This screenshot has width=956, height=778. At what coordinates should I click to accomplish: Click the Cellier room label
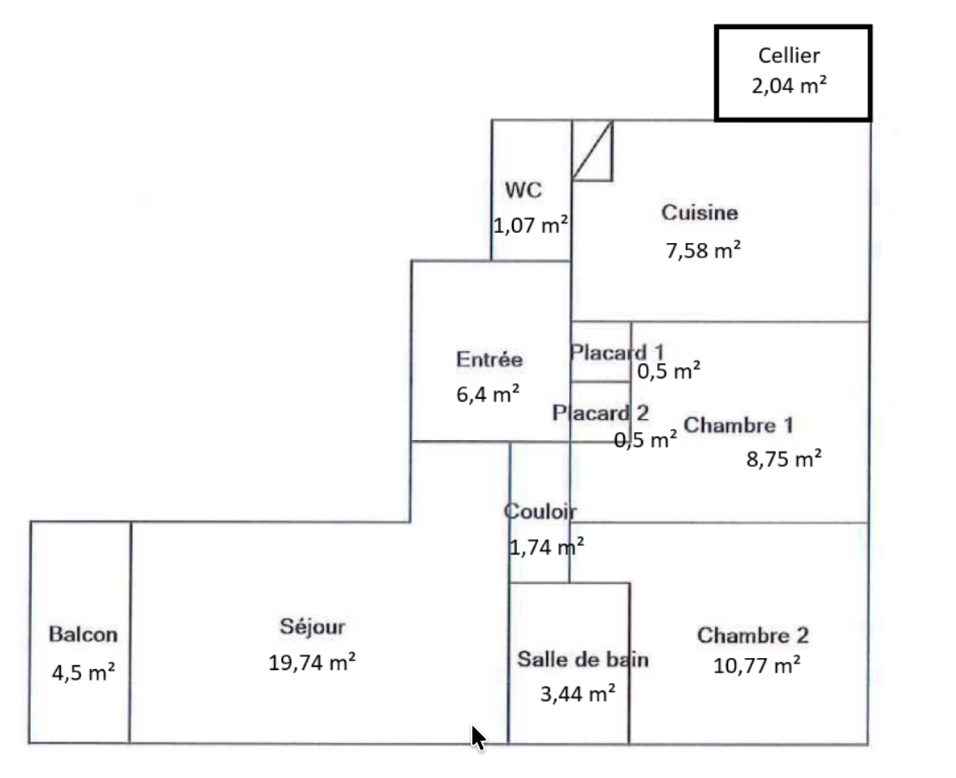pyautogui.click(x=789, y=56)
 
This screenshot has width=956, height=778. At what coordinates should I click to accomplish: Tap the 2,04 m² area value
pyautogui.click(x=789, y=86)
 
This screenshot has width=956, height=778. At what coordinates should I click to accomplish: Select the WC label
pyautogui.click(x=523, y=190)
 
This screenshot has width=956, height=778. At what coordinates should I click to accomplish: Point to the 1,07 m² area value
pyautogui.click(x=530, y=225)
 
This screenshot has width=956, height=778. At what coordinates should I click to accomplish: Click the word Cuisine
pyautogui.click(x=700, y=213)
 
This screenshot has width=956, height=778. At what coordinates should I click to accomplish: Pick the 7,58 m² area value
pyautogui.click(x=703, y=250)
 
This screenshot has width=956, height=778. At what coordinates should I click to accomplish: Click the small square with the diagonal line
pyautogui.click(x=592, y=151)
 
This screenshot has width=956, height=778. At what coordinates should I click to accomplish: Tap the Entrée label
pyautogui.click(x=489, y=359)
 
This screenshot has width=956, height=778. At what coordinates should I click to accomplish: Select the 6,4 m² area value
pyautogui.click(x=488, y=395)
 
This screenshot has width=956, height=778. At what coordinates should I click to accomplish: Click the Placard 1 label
pyautogui.click(x=617, y=352)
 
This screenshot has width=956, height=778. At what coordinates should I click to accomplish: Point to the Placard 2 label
pyautogui.click(x=600, y=413)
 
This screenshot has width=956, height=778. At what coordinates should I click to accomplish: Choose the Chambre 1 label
pyautogui.click(x=739, y=425)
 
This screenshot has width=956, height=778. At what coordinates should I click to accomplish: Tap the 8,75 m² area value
pyautogui.click(x=784, y=459)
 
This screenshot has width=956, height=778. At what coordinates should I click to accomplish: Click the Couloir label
pyautogui.click(x=540, y=511)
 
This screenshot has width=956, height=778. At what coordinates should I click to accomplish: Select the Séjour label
pyautogui.click(x=312, y=627)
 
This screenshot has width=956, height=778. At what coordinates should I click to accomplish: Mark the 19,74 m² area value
pyautogui.click(x=312, y=663)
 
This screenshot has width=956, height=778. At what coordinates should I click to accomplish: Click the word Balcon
pyautogui.click(x=83, y=634)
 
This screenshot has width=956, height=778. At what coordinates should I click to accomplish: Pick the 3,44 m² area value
pyautogui.click(x=578, y=694)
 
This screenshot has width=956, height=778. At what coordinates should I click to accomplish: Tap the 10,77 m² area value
pyautogui.click(x=757, y=666)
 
